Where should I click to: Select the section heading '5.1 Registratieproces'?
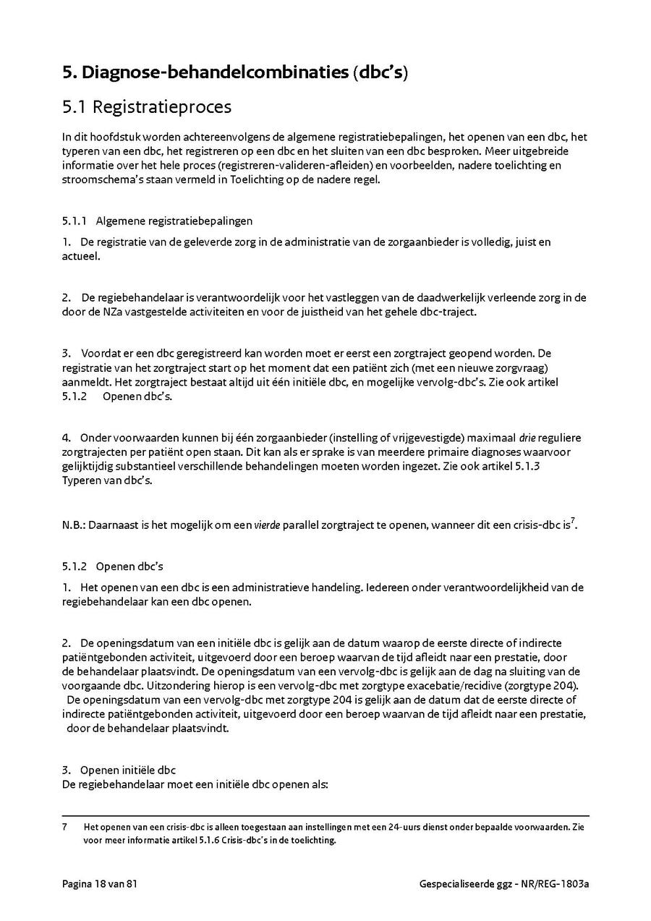147,107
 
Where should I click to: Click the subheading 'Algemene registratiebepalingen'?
174,221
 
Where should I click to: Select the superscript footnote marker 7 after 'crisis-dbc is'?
573,522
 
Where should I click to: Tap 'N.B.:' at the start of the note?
75,526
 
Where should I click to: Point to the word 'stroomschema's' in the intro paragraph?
97,179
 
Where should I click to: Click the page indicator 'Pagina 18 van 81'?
100,884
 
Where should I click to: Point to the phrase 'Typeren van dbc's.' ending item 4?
106,481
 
